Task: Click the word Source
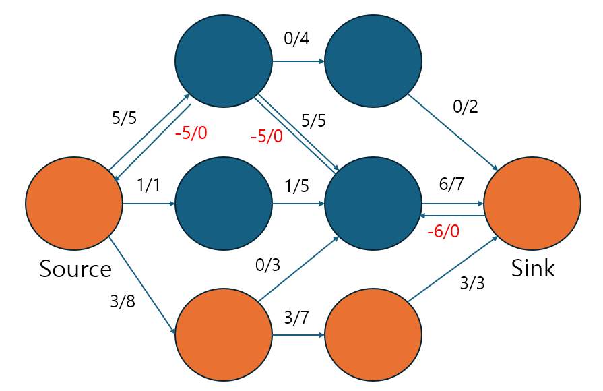(75, 269)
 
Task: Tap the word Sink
(532, 268)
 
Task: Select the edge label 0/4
(296, 39)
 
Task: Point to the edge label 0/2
(465, 107)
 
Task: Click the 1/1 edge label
(148, 185)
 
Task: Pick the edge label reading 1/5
(296, 185)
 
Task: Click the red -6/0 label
(443, 231)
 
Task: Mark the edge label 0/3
(267, 265)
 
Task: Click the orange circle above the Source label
(74, 203)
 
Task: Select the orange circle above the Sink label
(532, 203)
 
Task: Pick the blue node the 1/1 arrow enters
(224, 203)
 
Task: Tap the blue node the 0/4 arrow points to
(373, 61)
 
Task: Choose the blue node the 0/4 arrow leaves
(224, 61)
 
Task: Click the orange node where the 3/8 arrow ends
(224, 335)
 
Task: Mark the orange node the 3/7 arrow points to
(373, 335)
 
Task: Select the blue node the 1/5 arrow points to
(373, 203)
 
